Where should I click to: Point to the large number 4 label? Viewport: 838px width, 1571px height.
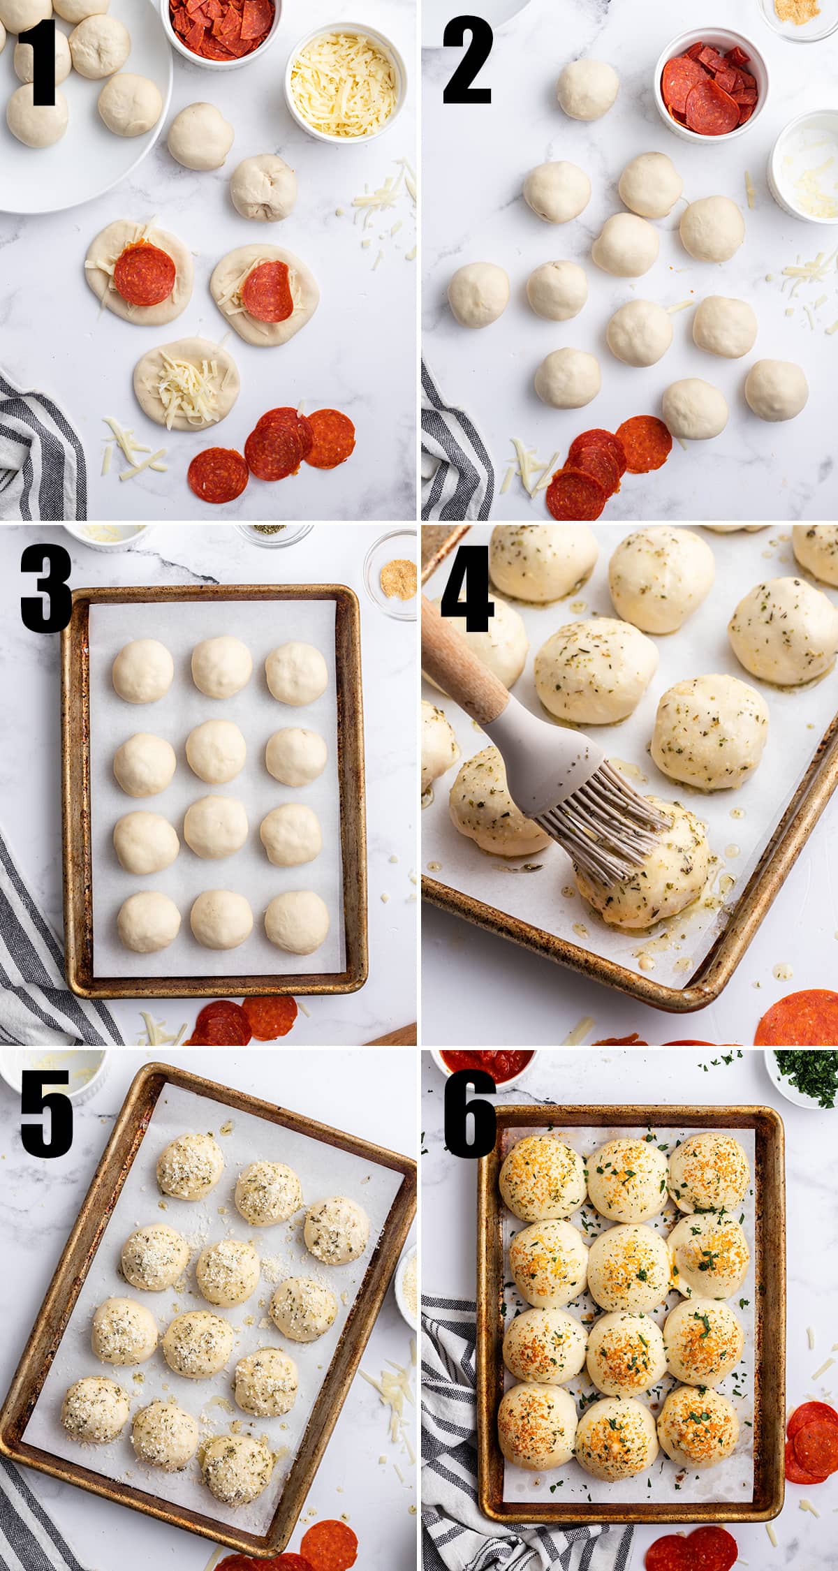click(466, 590)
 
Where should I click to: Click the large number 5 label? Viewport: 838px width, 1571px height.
click(45, 1114)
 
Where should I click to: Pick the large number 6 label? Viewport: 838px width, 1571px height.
click(469, 1114)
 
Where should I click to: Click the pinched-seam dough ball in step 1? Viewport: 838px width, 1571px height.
click(263, 187)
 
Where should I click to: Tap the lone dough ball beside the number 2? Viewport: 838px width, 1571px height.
click(587, 89)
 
